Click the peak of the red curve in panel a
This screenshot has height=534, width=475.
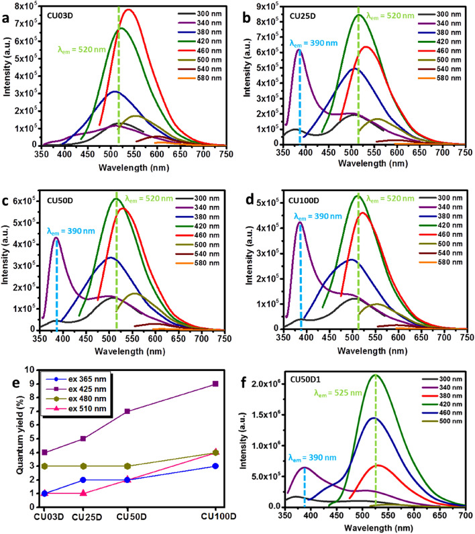127,10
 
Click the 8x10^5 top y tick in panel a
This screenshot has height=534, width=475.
23,7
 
